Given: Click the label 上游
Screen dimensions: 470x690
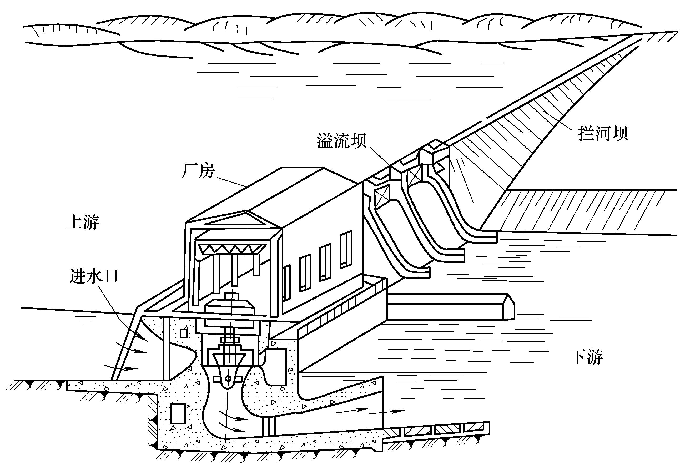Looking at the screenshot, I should (83, 222).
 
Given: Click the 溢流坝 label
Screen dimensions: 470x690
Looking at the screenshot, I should (341, 140).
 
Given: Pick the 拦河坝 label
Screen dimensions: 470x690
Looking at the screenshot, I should (603, 133).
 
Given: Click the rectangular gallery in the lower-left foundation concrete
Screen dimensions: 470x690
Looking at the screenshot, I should (178, 414).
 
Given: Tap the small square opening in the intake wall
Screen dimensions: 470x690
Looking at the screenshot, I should (184, 333).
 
